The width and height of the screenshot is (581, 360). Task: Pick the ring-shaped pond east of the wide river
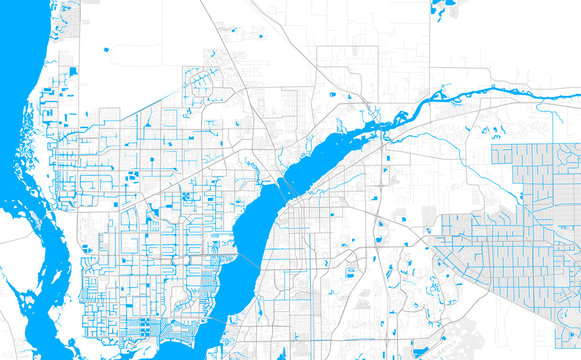click(351, 271)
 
